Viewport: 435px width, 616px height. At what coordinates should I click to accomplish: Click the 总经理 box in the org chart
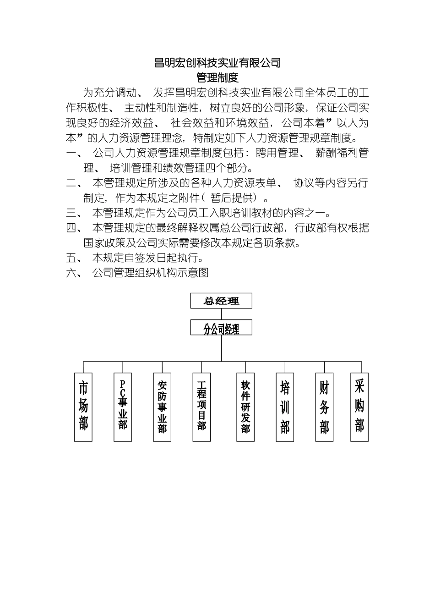coord(221,301)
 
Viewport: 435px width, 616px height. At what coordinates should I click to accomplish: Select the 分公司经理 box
coord(221,328)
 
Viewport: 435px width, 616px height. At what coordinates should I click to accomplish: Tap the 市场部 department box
coord(83,407)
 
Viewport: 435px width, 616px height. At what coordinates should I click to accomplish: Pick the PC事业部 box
coord(123,407)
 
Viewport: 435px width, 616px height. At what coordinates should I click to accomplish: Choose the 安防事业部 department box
coord(162,407)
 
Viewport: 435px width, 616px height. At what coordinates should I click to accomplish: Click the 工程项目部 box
coord(201,407)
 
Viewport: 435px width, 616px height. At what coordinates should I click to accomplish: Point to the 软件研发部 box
coord(245,407)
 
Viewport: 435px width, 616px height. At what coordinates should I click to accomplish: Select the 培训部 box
coord(285,407)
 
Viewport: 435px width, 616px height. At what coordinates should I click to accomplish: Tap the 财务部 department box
coord(324,407)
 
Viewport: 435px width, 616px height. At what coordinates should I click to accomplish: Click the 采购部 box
coord(359,407)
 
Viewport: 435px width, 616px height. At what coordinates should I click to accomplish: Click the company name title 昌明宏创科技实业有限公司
coord(217,63)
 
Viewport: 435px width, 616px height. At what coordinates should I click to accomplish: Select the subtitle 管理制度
coord(217,77)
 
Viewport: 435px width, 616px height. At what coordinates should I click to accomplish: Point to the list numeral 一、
coord(74,153)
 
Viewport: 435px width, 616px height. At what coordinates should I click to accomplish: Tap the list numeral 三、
coord(74,213)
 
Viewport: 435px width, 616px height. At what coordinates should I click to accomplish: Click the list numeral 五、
coord(74,258)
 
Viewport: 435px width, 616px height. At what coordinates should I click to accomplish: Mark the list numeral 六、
coord(74,273)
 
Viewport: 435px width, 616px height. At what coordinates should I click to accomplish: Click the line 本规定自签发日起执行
coord(148,258)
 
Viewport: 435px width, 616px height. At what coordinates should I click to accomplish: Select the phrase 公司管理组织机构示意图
coord(151,273)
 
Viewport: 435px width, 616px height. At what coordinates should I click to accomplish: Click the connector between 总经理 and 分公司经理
coord(221,314)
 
